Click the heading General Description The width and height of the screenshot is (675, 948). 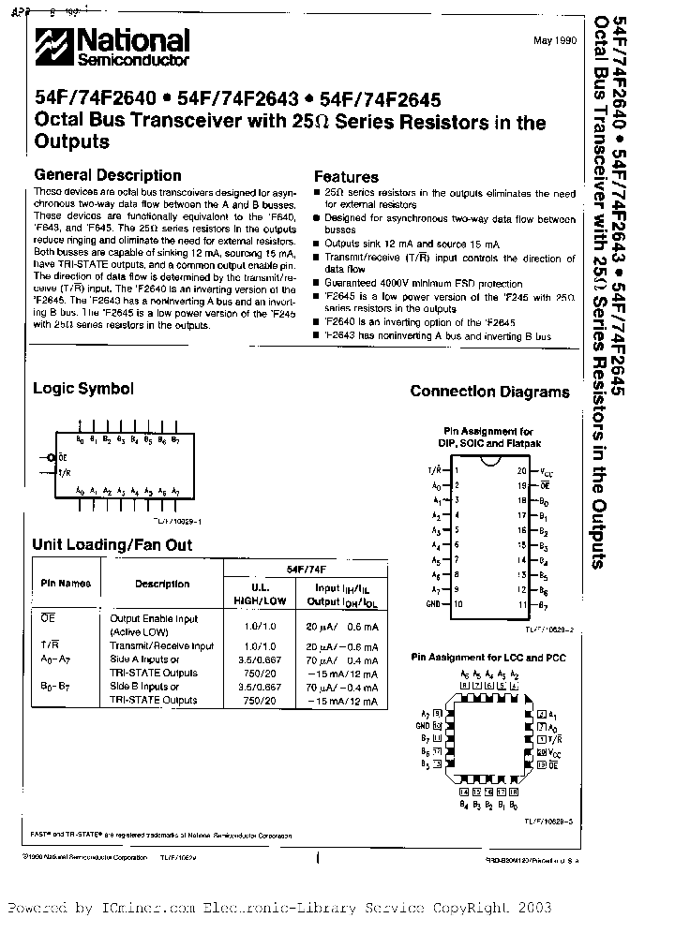pos(107,175)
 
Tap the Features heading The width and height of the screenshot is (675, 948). pos(346,176)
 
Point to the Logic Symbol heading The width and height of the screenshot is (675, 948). pos(83,389)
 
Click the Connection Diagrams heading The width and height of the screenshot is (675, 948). pos(489,393)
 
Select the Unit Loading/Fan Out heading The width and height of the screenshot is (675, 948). pos(112,544)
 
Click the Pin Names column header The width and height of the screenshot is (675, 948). pos(66,584)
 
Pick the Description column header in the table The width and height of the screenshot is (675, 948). pos(161,584)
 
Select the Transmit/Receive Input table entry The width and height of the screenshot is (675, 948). pos(161,645)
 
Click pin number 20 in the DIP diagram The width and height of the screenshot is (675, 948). pos(521,471)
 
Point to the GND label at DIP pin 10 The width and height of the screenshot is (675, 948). pos(432,605)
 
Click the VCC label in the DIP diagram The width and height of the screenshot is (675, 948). pos(547,472)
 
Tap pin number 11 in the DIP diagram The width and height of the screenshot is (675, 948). pos(522,605)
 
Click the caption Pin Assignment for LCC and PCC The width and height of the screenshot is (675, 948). pos(488,658)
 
